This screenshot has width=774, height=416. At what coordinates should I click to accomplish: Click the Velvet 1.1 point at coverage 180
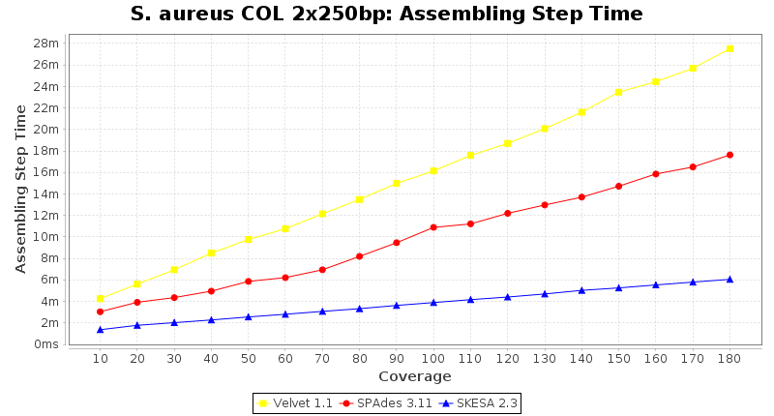point(729,48)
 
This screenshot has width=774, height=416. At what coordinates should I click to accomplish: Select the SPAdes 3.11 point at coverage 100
point(433,227)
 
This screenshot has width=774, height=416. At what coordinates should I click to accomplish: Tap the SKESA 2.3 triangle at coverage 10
point(101,330)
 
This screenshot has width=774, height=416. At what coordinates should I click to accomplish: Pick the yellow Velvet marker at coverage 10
point(101,299)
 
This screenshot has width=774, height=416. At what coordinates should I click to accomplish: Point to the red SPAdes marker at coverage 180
point(729,155)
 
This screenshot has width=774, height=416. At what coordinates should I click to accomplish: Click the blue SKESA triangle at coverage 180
point(729,280)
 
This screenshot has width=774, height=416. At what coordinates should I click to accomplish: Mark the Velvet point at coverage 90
point(397,184)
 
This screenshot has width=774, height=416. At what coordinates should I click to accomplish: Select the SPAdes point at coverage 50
point(249,282)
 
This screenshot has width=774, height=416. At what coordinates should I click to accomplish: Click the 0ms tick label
point(46,344)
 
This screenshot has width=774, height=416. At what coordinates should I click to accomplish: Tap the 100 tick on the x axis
point(433,359)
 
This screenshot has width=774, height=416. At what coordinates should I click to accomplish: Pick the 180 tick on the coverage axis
point(729,359)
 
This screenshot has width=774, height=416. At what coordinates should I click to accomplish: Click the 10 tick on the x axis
point(101,359)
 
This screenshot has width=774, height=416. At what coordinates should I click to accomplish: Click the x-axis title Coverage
point(414,376)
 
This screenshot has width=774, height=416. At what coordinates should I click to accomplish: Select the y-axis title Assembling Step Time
point(21,189)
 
